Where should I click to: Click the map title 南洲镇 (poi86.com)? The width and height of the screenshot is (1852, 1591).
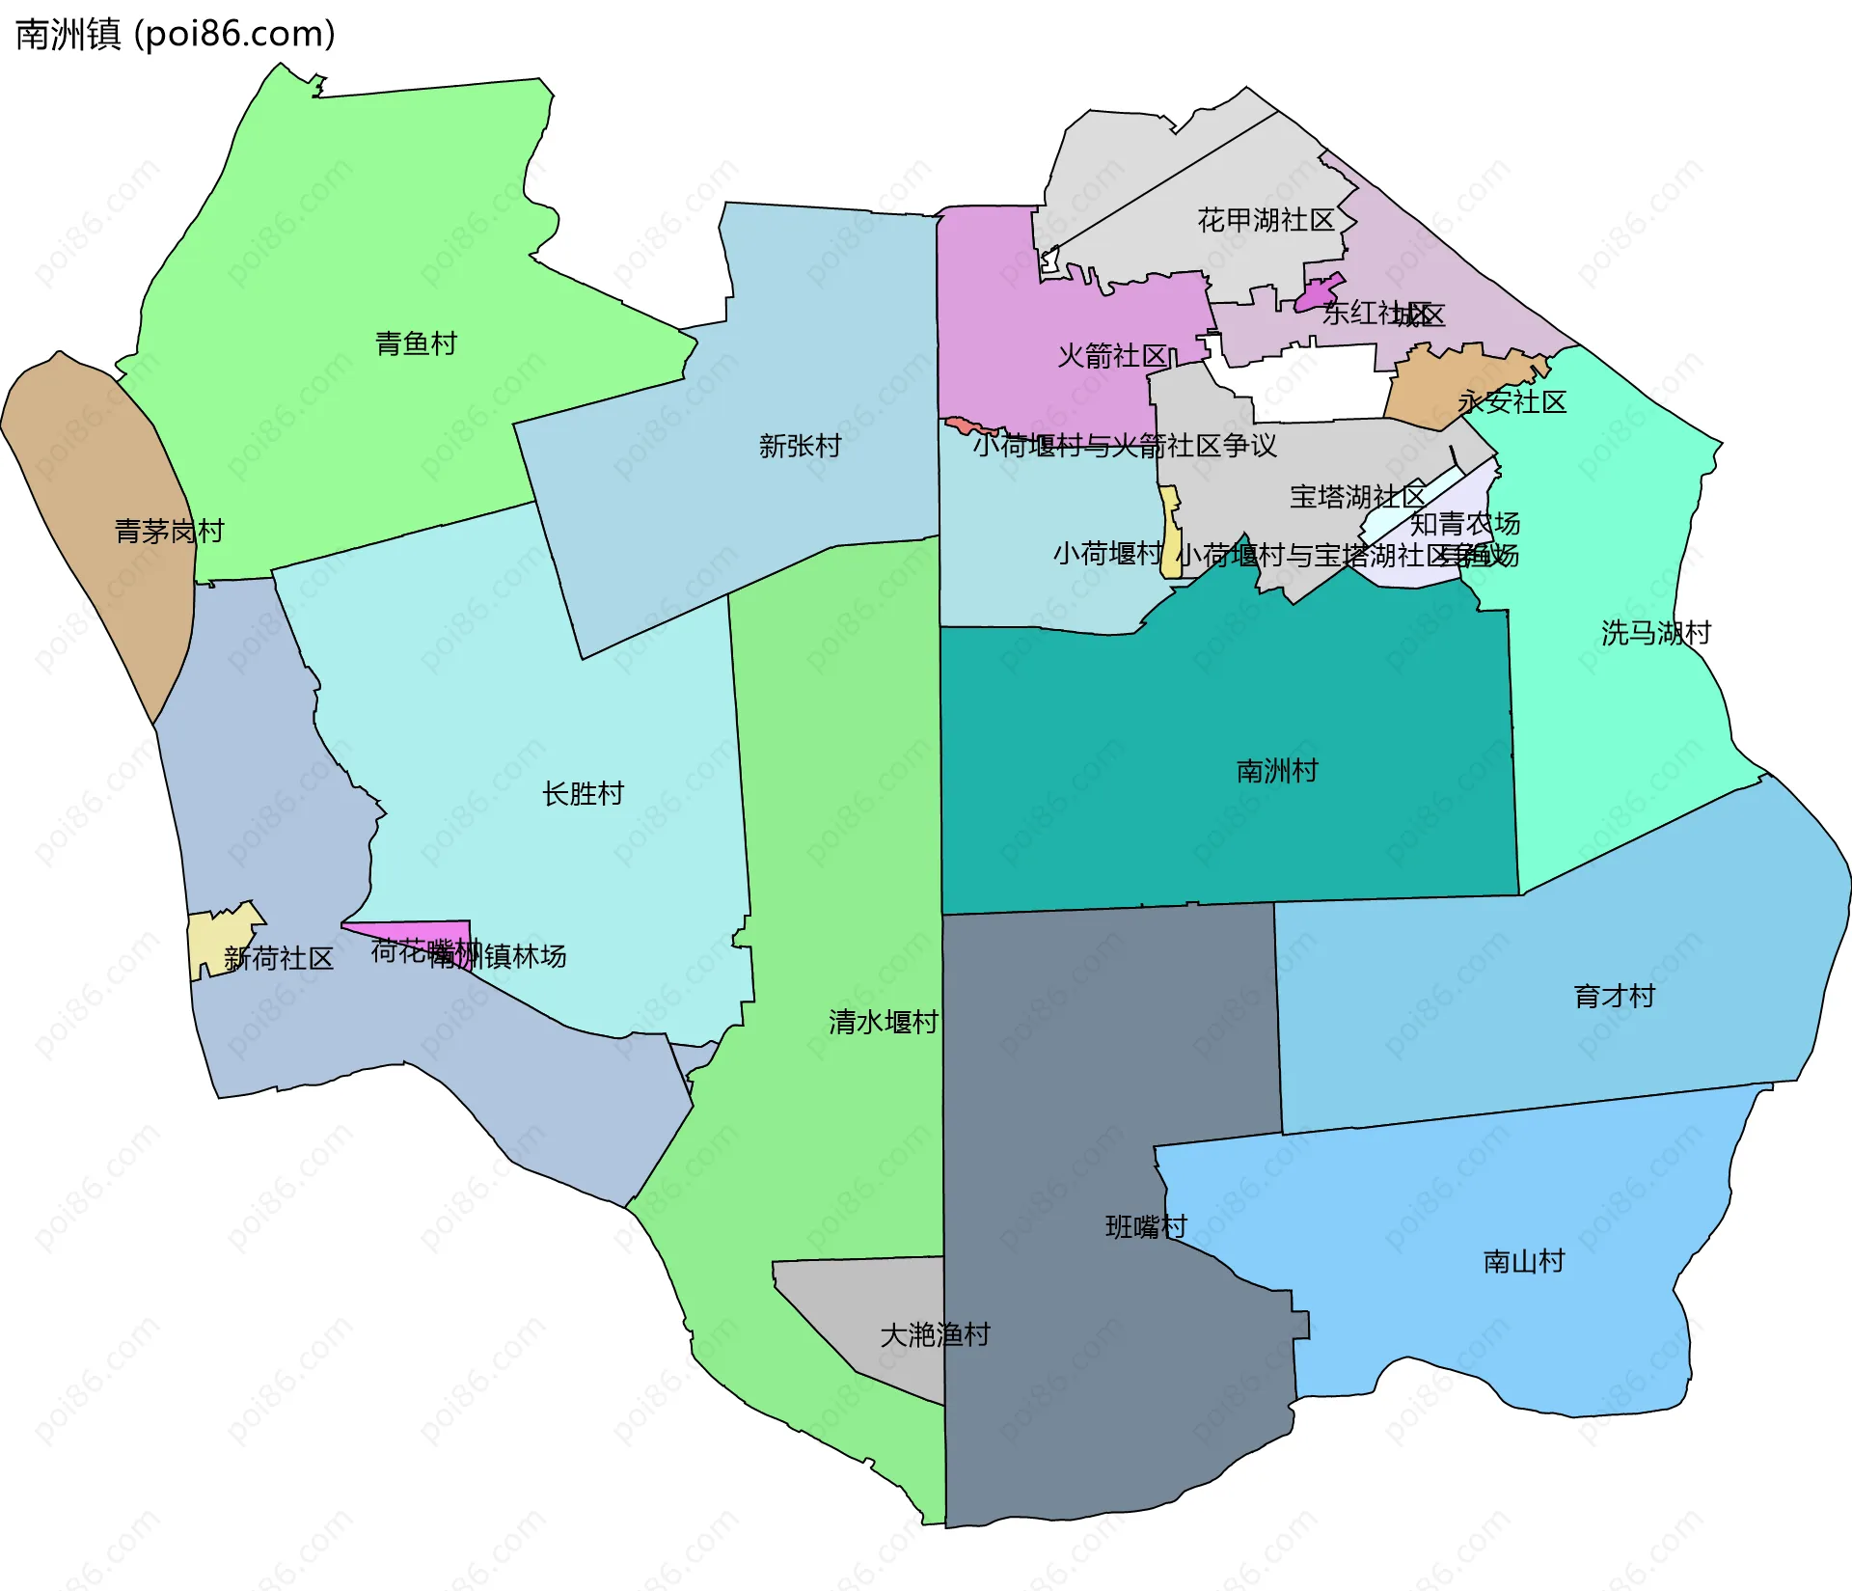(176, 34)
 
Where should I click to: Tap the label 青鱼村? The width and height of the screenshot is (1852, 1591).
(416, 343)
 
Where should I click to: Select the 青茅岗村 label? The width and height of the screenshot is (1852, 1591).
(169, 531)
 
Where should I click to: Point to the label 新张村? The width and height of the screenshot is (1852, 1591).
(800, 446)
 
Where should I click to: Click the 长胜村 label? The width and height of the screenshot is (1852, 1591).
(583, 794)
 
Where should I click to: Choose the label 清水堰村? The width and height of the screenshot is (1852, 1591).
(883, 1022)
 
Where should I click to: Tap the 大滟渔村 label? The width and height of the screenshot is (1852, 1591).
(935, 1334)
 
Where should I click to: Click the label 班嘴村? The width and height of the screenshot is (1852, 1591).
(1146, 1227)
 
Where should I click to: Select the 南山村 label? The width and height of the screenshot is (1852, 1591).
(1523, 1261)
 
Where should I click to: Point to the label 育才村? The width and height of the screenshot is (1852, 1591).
(1614, 996)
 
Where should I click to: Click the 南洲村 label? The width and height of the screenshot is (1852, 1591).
(1276, 771)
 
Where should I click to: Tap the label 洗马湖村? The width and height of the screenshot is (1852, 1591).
(1655, 633)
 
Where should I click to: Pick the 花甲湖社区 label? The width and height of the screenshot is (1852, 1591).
(1266, 220)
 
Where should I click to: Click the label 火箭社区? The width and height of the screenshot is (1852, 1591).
(1112, 356)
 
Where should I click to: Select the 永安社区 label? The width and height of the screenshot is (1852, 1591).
(1512, 401)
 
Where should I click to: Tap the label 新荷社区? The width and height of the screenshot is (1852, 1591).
(278, 958)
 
